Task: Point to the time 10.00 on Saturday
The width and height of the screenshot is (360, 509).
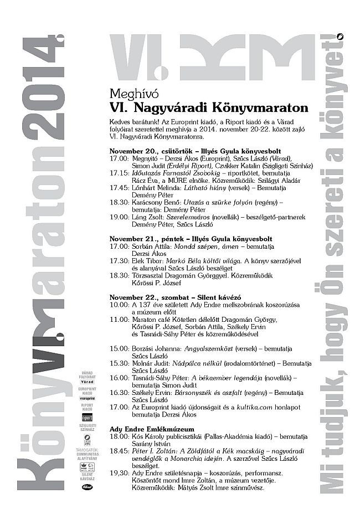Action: [x=119, y=305]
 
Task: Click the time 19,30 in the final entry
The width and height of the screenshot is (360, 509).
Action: [x=119, y=474]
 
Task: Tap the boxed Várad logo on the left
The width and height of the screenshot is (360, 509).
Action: [x=86, y=382]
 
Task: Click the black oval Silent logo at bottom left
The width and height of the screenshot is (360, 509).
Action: [x=86, y=486]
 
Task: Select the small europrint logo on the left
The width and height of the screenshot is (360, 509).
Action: [x=86, y=398]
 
